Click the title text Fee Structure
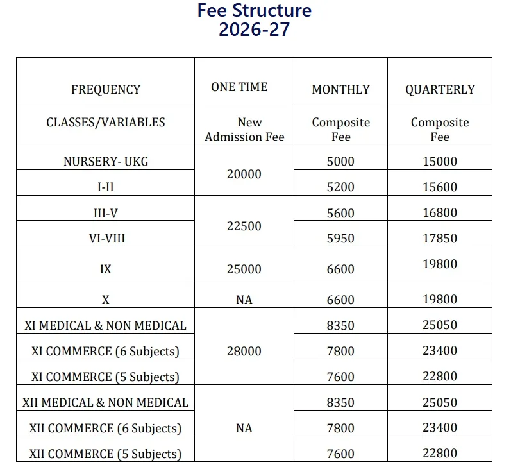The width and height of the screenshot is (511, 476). pos(255,11)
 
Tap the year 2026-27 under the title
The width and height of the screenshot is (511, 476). pos(255,30)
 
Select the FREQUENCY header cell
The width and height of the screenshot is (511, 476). pos(106,90)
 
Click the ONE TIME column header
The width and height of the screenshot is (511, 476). pos(239,87)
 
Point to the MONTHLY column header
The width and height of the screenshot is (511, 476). pos(340,90)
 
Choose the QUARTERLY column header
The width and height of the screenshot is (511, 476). pos(440,90)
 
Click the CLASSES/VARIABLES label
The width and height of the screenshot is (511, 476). pos(106,122)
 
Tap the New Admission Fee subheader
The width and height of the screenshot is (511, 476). pos(244,130)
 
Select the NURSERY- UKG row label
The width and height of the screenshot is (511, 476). pos(106,161)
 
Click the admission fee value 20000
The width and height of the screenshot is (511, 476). pos(244,174)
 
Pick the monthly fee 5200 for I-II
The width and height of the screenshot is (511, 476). pos(340,187)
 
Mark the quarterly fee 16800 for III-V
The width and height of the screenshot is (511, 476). pos(440,213)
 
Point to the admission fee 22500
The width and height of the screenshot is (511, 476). pos(244,226)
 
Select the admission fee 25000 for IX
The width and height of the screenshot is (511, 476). pos(244,269)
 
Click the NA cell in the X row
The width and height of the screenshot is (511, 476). pos(244,300)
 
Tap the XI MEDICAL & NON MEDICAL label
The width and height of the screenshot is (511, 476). pos(106,325)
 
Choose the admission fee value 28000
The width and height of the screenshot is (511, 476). pos(244,351)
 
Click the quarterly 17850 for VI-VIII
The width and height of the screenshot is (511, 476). pos(440,238)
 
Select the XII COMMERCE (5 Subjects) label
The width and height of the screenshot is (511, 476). pos(106,454)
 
